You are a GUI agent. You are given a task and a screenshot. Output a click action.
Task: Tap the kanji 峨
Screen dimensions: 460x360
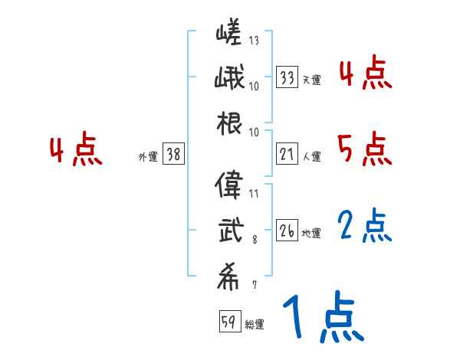[x=229, y=80]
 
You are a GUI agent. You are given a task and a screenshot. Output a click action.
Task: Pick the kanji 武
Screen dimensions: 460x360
[x=229, y=230]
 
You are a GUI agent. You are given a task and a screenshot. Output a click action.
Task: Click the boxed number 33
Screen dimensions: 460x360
[x=287, y=77]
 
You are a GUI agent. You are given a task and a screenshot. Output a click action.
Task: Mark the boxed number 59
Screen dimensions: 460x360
[x=228, y=322]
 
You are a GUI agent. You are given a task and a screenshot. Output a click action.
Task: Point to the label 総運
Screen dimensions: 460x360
[x=255, y=324]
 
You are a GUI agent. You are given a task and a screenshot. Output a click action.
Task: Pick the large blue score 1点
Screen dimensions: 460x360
[x=322, y=319]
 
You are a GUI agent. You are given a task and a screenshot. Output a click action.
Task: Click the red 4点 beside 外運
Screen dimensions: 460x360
[x=76, y=150]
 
